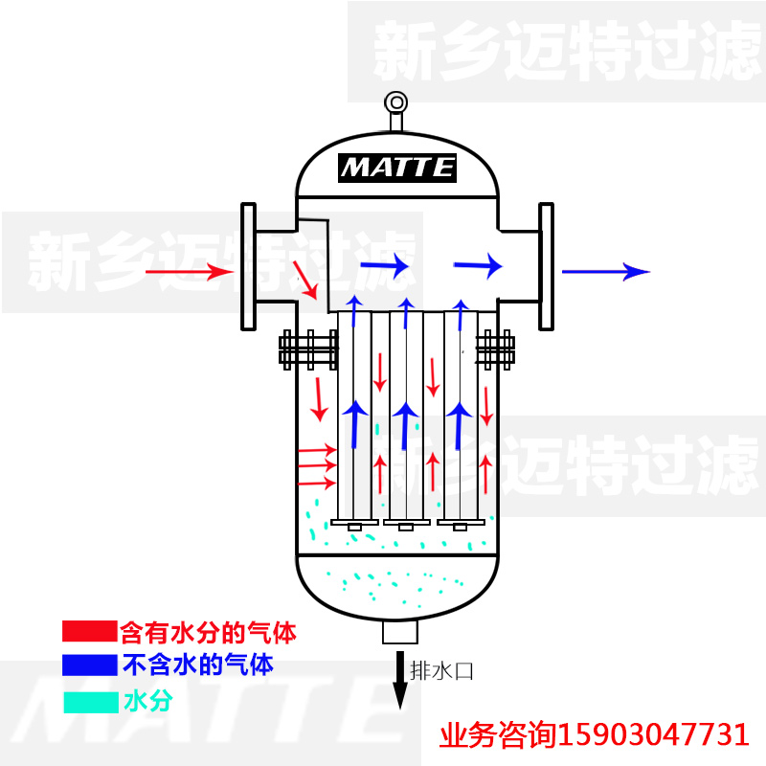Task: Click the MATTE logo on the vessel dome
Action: click(x=397, y=169)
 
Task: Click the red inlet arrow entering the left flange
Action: click(x=190, y=272)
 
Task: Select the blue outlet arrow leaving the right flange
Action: click(x=606, y=272)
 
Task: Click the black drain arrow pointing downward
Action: click(x=400, y=679)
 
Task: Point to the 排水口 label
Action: click(x=441, y=671)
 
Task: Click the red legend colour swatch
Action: click(x=90, y=631)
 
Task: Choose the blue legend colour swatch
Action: click(x=90, y=665)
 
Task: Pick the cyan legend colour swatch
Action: click(x=91, y=703)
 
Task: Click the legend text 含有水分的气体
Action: click(x=208, y=633)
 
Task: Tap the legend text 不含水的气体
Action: click(x=198, y=665)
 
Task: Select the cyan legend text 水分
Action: click(x=148, y=702)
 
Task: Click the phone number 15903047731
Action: click(x=653, y=734)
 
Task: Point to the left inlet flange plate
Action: click(x=248, y=267)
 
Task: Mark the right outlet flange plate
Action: click(x=546, y=267)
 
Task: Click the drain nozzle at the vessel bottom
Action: click(x=400, y=632)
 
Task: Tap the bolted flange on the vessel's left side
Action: click(x=308, y=349)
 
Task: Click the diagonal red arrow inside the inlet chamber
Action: click(x=305, y=280)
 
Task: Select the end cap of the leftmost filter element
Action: click(x=354, y=524)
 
